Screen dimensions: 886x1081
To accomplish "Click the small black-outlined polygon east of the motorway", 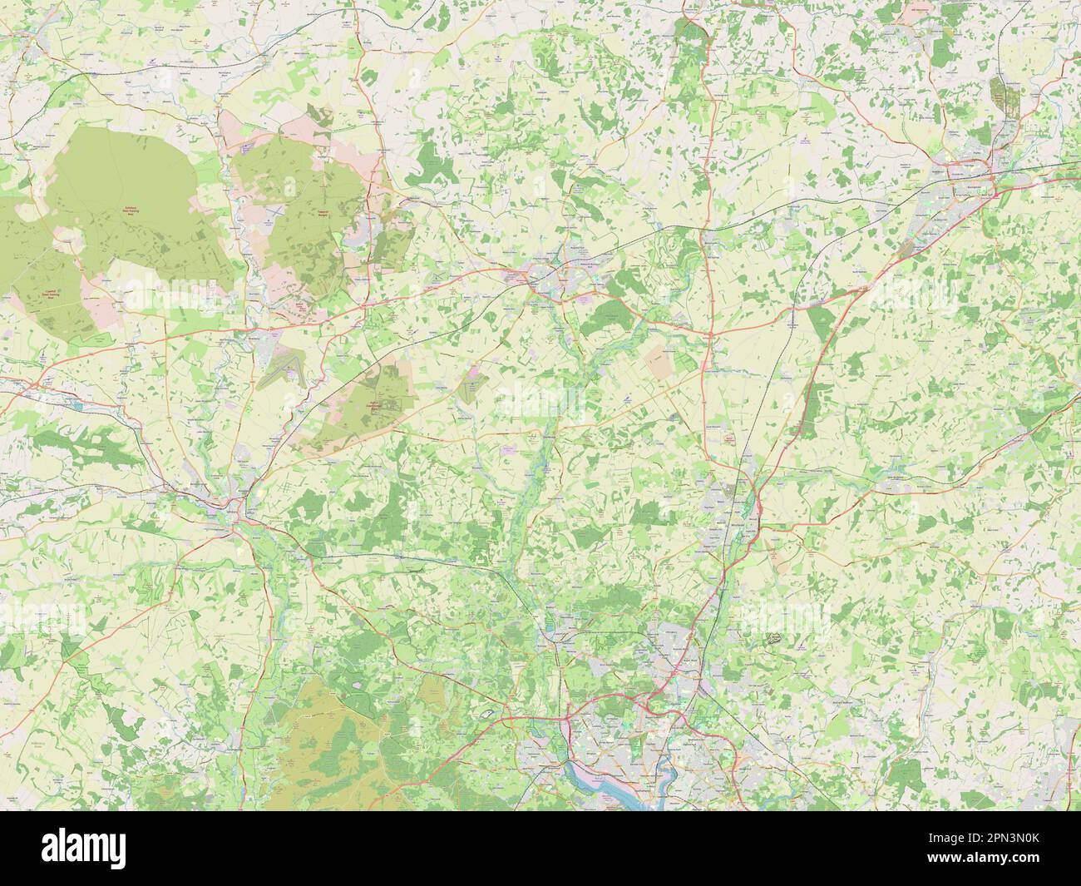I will coord(772,638).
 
